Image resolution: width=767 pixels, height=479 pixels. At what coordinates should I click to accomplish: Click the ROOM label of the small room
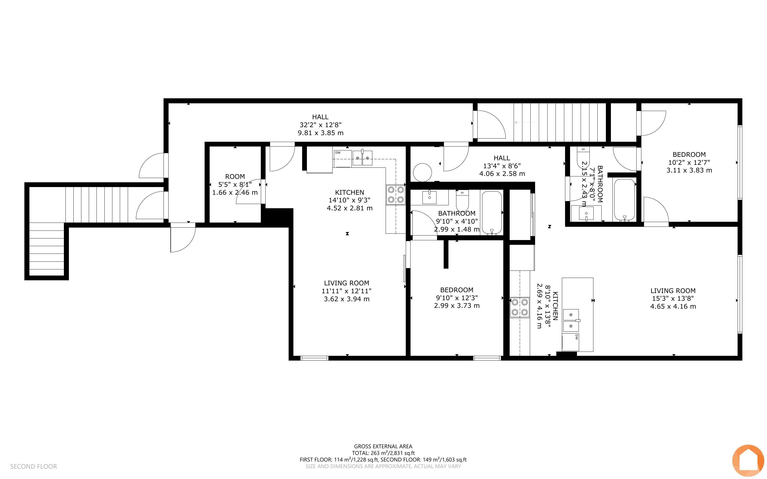pyautogui.click(x=235, y=176)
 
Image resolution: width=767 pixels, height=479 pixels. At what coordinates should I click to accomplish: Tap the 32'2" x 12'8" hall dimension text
pyautogui.click(x=320, y=125)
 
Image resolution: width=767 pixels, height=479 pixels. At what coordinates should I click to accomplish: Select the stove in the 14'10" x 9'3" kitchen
pyautogui.click(x=396, y=194)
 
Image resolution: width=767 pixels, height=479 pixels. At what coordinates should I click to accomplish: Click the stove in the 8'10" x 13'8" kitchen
pyautogui.click(x=519, y=307)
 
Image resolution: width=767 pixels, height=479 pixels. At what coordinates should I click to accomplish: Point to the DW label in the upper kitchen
pyautogui.click(x=338, y=153)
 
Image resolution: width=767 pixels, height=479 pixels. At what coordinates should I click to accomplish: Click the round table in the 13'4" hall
pyautogui.click(x=422, y=172)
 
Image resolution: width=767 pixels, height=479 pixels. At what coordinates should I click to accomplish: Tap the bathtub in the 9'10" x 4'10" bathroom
pyautogui.click(x=492, y=213)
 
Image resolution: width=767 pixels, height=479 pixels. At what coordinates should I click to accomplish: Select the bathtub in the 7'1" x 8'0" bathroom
pyautogui.click(x=625, y=199)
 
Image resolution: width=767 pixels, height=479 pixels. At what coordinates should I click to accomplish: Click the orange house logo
pyautogui.click(x=748, y=461)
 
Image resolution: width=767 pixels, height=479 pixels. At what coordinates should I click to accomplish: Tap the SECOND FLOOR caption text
pyautogui.click(x=34, y=466)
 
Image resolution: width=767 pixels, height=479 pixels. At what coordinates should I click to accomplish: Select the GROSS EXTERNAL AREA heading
pyautogui.click(x=383, y=446)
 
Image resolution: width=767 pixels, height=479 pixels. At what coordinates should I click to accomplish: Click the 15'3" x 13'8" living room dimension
pyautogui.click(x=673, y=298)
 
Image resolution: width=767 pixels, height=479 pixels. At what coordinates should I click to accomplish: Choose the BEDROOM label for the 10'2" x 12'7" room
pyautogui.click(x=689, y=155)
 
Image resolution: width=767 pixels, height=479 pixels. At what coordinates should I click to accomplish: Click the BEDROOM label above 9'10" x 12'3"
pyautogui.click(x=457, y=290)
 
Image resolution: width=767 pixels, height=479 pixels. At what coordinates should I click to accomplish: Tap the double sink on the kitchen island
pyautogui.click(x=571, y=321)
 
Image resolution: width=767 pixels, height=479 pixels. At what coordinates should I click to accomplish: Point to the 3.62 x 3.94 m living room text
pyautogui.click(x=347, y=299)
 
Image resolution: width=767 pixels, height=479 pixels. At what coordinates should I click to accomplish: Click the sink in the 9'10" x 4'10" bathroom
pyautogui.click(x=430, y=197)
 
